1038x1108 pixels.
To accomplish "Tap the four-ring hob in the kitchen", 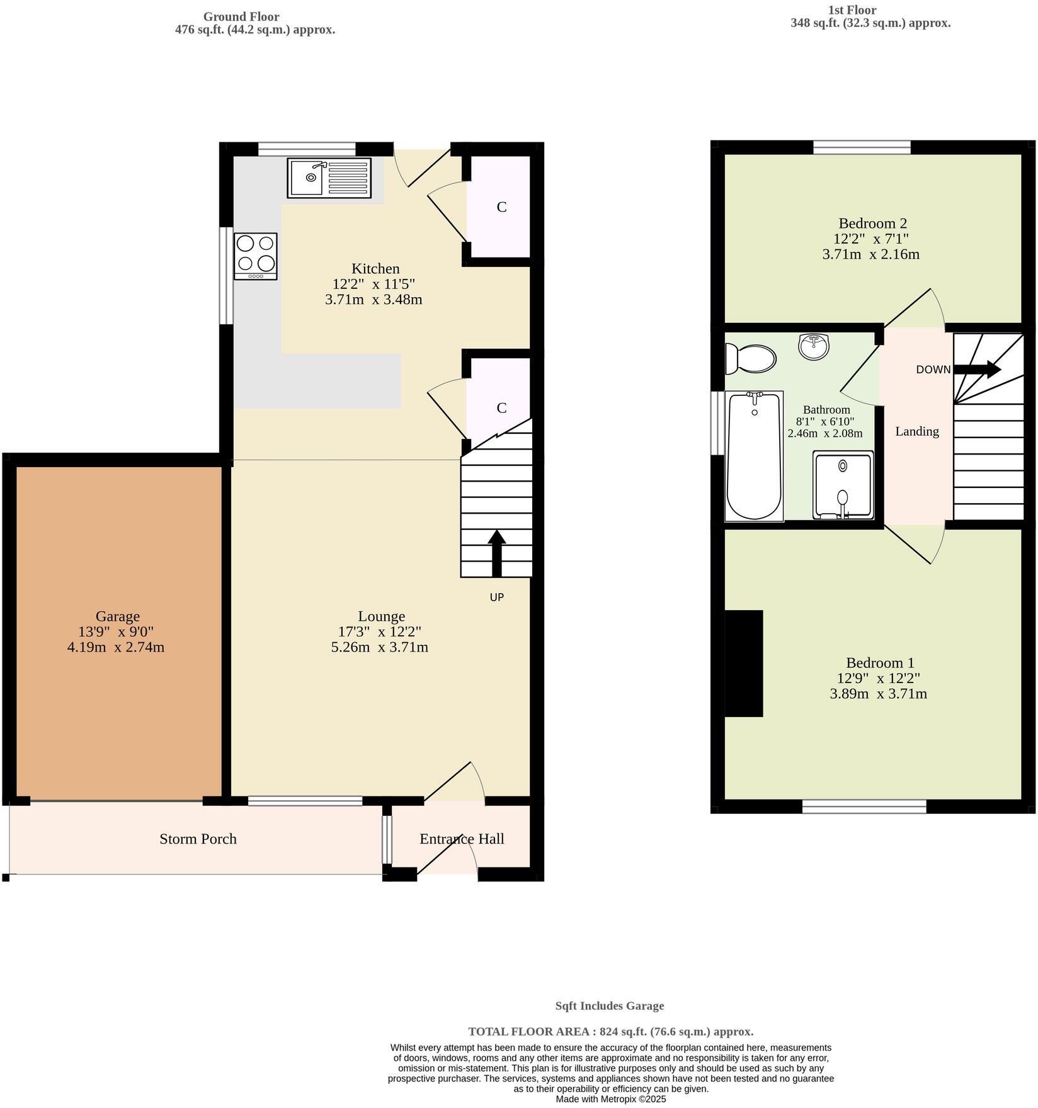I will tap(255, 256).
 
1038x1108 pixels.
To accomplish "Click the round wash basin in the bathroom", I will tap(814, 346).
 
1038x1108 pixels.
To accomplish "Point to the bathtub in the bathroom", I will tap(754, 456).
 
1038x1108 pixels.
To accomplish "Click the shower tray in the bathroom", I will tap(843, 485).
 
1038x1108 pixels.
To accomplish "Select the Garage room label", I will tap(118, 616).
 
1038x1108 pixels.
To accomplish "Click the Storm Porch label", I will tap(198, 839).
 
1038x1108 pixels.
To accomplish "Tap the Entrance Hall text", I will tap(462, 839).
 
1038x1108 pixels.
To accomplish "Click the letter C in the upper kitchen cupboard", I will tap(501, 207).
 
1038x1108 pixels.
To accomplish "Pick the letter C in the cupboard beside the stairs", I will tap(501, 408).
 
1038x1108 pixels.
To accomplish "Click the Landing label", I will tap(917, 431).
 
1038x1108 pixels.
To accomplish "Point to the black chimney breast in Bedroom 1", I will tap(744, 663).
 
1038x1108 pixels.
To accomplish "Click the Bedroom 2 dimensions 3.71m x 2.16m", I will tap(871, 254).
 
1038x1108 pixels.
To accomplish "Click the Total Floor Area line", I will tap(610, 1031).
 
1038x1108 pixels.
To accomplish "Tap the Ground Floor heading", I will tap(241, 17).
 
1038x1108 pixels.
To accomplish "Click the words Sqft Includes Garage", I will tap(609, 1005).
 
